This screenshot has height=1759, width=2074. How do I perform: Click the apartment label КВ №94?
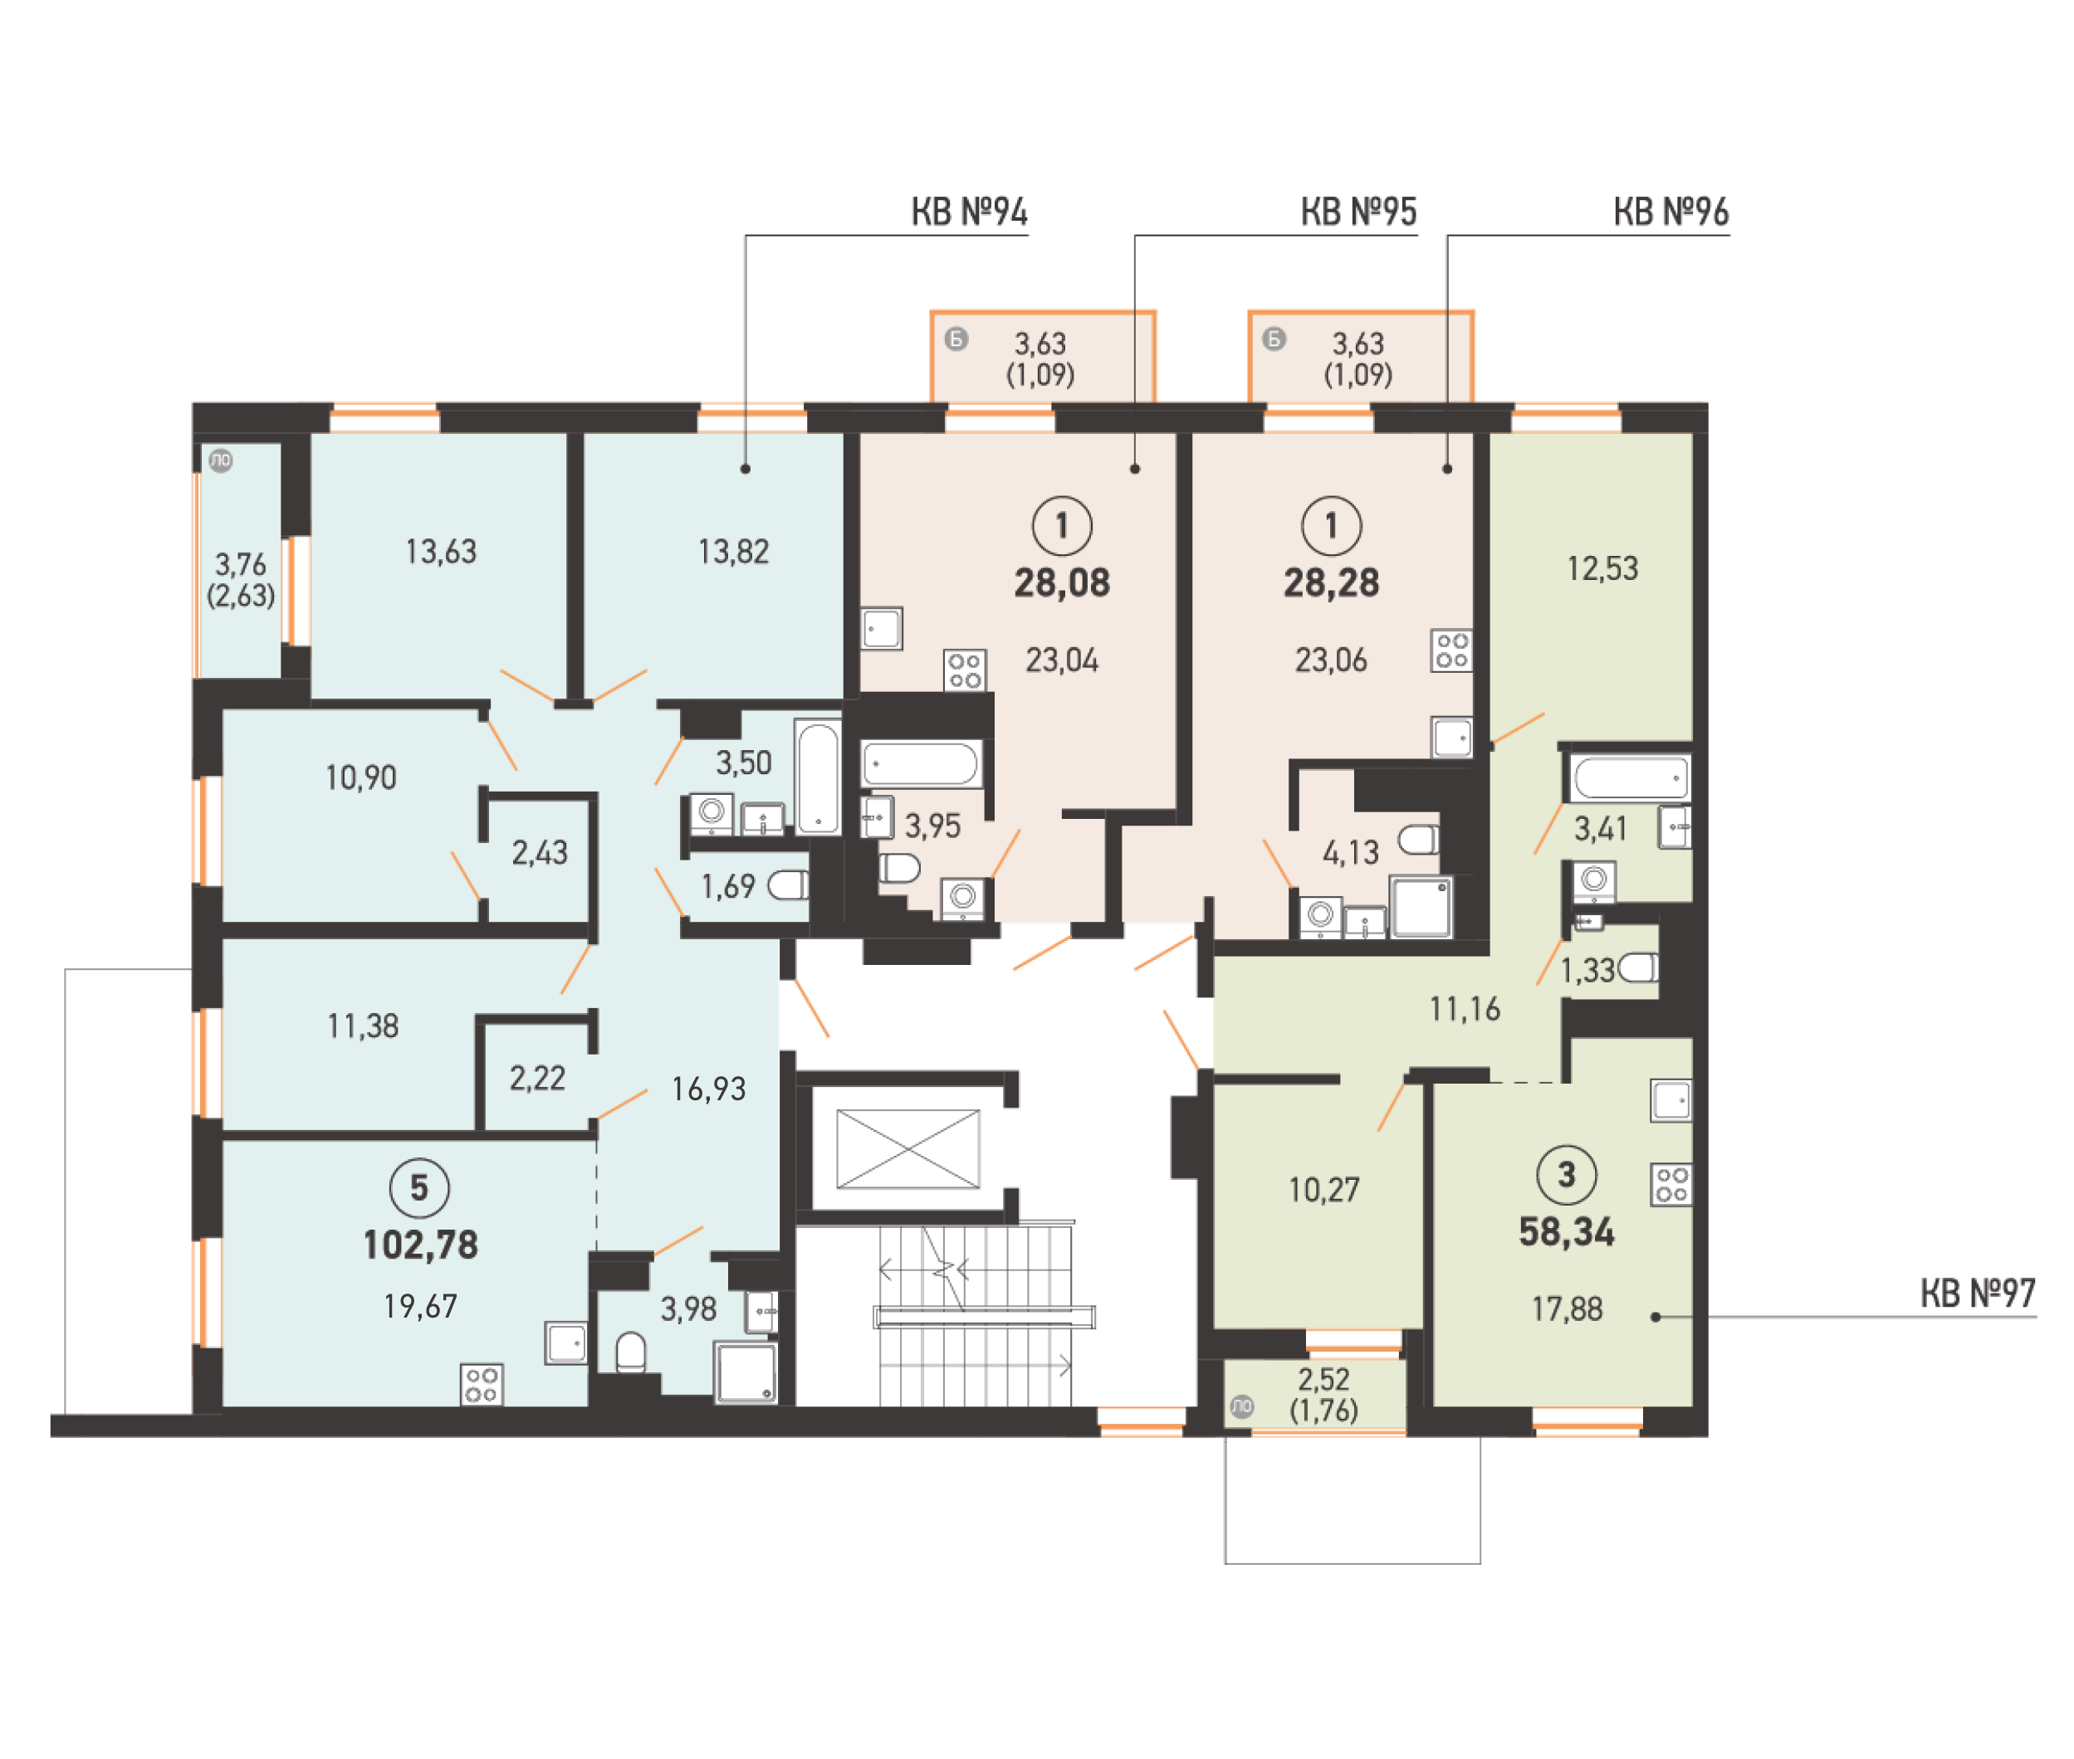click(x=969, y=212)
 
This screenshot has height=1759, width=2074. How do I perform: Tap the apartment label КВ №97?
click(x=1977, y=1294)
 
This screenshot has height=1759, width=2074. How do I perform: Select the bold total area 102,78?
click(x=420, y=1245)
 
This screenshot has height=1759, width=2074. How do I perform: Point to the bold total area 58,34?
click(x=1566, y=1232)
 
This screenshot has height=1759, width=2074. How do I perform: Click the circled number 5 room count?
click(x=419, y=1187)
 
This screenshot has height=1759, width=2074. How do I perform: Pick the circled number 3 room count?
click(x=1566, y=1175)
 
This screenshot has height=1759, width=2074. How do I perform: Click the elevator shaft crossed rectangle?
click(x=907, y=1148)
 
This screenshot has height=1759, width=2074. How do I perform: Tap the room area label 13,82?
click(x=733, y=552)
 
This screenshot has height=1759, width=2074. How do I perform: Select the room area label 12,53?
click(x=1602, y=568)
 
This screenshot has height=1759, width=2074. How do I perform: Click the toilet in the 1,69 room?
click(x=788, y=884)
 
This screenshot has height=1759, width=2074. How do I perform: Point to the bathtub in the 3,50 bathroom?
click(x=818, y=777)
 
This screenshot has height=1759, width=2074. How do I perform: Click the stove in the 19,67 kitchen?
click(x=482, y=1384)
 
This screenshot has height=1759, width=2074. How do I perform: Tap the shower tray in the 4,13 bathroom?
click(x=1421, y=906)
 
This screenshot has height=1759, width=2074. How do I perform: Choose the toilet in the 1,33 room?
click(x=1637, y=967)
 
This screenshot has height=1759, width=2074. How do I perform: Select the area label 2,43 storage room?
click(x=540, y=853)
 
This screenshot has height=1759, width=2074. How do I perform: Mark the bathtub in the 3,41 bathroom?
click(x=1630, y=777)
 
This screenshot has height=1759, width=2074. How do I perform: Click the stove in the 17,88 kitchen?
click(x=1672, y=1185)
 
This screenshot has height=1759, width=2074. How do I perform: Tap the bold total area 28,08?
click(x=1061, y=582)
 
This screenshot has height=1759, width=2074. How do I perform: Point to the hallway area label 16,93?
click(x=708, y=1089)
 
